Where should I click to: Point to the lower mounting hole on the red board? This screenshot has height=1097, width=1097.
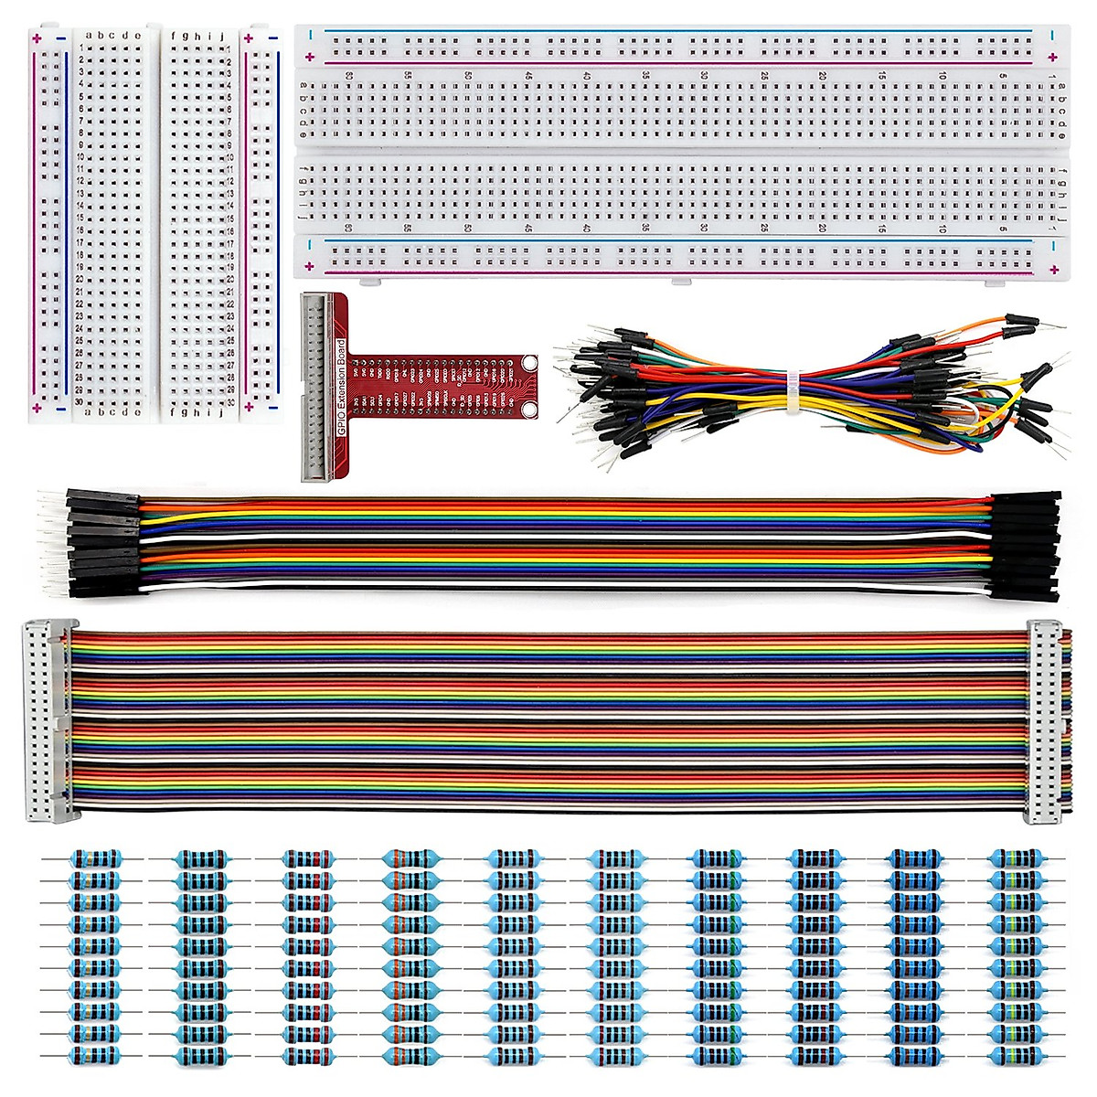pyautogui.click(x=528, y=403)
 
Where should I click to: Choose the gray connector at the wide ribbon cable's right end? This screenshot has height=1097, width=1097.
pyautogui.click(x=1045, y=720)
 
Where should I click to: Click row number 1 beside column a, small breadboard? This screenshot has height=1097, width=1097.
pyautogui.click(x=80, y=47)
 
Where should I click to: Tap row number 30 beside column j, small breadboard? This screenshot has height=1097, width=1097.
pyautogui.click(x=230, y=402)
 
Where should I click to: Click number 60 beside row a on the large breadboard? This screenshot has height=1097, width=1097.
pyautogui.click(x=349, y=76)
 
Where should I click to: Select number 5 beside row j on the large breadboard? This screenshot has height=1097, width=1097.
pyautogui.click(x=1003, y=228)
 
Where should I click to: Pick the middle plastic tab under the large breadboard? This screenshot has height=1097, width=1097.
pyautogui.click(x=679, y=280)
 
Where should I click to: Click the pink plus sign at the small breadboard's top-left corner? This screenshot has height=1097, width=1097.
pyautogui.click(x=37, y=38)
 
